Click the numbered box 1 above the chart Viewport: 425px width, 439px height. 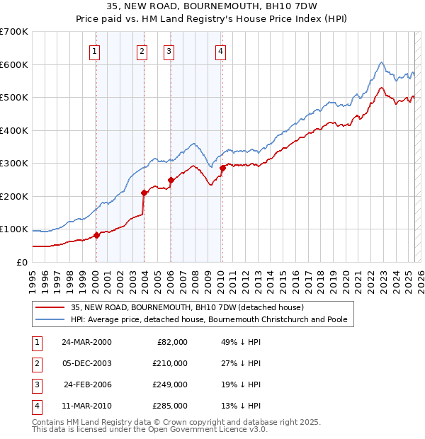coord(95,50)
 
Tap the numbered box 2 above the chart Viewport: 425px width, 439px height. coord(142,50)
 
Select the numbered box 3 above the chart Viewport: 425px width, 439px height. coord(169,50)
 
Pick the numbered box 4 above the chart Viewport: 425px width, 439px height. coord(221,50)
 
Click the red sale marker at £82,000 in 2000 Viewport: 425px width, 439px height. coord(96,236)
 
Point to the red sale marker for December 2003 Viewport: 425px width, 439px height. coord(144,193)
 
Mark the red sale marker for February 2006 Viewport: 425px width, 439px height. coord(171,180)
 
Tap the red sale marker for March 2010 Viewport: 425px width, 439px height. coord(222,169)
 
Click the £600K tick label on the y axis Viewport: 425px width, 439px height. coord(14,64)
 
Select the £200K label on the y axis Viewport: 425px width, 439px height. coord(14,196)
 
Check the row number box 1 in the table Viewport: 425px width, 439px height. coord(35,342)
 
